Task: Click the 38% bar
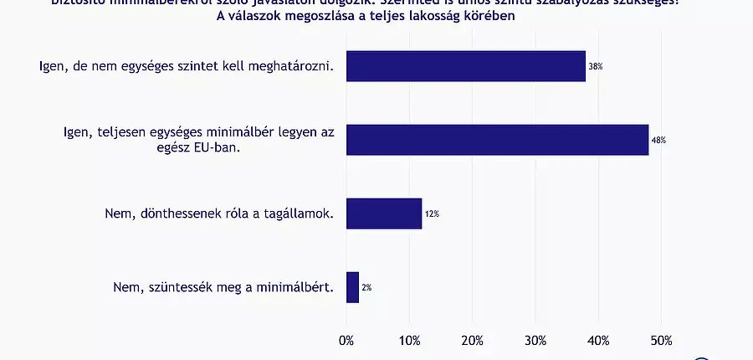(465, 66)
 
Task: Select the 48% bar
(497, 140)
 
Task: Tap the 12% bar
(383, 213)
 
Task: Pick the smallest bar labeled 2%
(352, 287)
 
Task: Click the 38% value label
(597, 66)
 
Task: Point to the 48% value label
(659, 140)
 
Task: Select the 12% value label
(432, 214)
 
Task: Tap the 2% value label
(366, 288)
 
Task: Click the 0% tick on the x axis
(346, 340)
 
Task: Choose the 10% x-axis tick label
(409, 340)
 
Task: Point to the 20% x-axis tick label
(472, 340)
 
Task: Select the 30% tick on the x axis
(535, 340)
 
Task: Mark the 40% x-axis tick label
(598, 340)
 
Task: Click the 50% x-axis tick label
(661, 340)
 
